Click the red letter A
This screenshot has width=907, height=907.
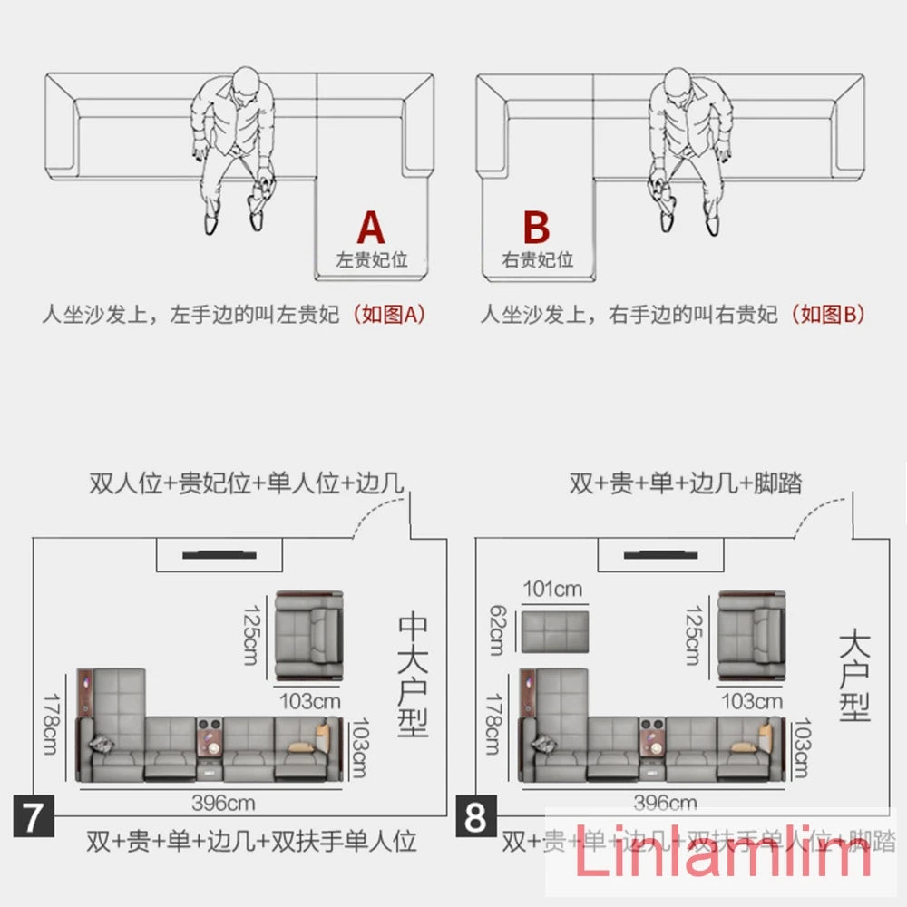(x=372, y=227)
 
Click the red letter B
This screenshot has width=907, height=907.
(x=537, y=227)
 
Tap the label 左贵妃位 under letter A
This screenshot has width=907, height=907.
(x=372, y=260)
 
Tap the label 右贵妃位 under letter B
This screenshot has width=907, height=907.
(x=538, y=260)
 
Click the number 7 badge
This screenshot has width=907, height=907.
(x=33, y=817)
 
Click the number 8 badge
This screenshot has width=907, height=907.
(x=476, y=817)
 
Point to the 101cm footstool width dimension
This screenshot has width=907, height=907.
(x=552, y=590)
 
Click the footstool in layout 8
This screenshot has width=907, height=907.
(x=553, y=632)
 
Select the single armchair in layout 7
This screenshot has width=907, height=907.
(x=310, y=635)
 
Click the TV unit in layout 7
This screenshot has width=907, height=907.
(x=219, y=553)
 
